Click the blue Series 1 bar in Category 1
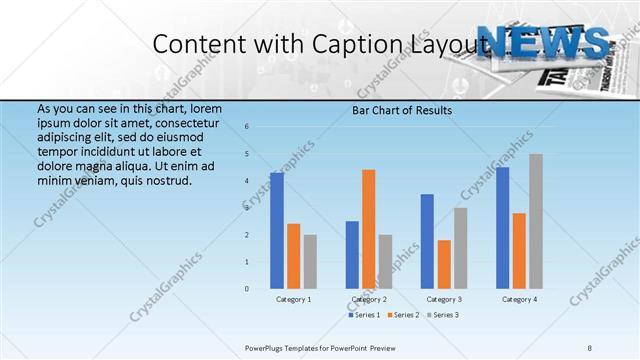click(276, 231)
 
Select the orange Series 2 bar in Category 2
click(369, 229)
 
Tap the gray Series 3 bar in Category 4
click(536, 221)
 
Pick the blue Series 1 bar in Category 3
click(427, 241)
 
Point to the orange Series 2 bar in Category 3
click(444, 264)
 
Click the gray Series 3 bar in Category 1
click(310, 262)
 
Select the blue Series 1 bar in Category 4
click(502, 228)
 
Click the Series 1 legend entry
click(365, 315)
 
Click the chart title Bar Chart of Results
click(402, 110)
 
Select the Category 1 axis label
click(293, 299)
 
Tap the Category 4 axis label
click(519, 299)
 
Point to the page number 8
click(590, 347)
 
